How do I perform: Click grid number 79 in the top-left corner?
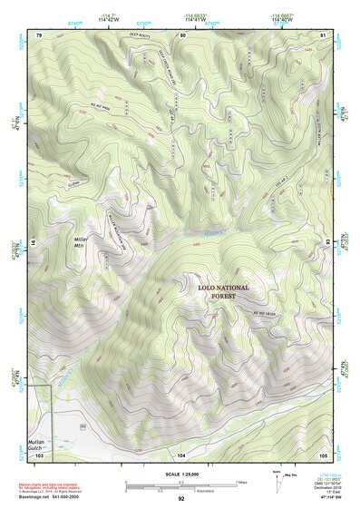coord(39,35)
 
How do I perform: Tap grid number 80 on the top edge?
coord(182,35)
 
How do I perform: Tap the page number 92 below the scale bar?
coord(180,499)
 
